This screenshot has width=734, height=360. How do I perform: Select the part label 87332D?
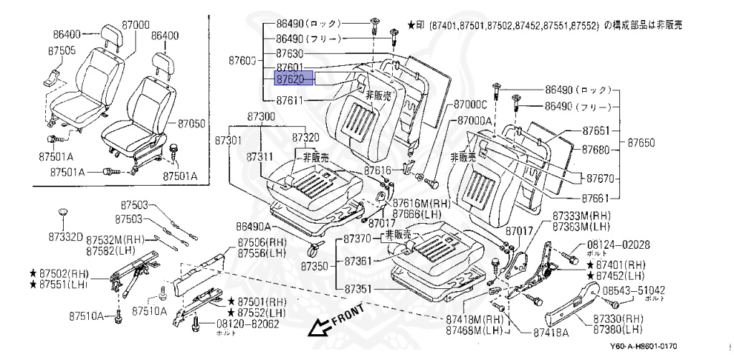coord(65,236)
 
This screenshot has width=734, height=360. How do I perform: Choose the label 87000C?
coord(470,105)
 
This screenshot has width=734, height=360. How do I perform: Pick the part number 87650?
coord(642,143)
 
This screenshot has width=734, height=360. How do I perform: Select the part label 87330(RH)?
coord(618,318)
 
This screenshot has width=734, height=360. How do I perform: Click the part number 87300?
coord(261,116)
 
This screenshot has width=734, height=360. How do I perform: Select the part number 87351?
coord(359,289)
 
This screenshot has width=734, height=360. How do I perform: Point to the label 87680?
coord(596,149)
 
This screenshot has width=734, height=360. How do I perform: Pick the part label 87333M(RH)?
coord(581,215)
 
